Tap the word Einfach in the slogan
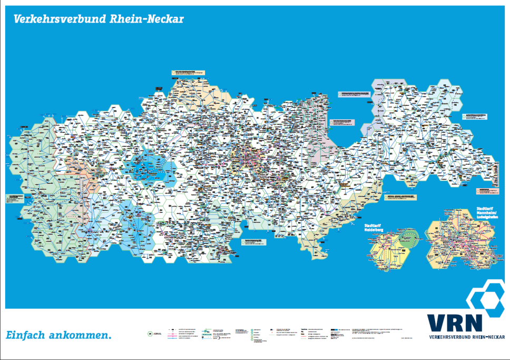pyautogui.click(x=25, y=335)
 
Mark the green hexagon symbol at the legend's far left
pyautogui.click(x=151, y=334)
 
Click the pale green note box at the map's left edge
pyautogui.click(x=16, y=199)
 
